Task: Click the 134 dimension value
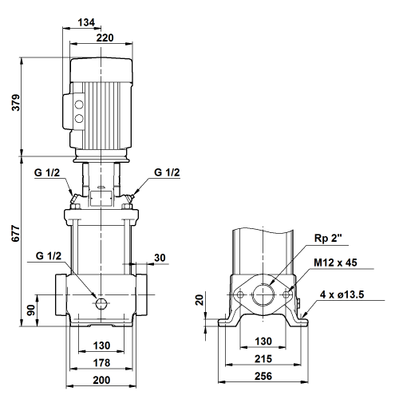pos(86,22)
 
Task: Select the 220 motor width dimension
pos(105,38)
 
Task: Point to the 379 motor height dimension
pos(16,102)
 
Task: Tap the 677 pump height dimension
pos(16,234)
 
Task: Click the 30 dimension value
pos(160,258)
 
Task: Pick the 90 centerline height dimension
pos(31,310)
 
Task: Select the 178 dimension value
pos(101,363)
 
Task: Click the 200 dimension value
pos(101,380)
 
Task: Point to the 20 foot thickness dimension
pos(199,300)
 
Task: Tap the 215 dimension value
pos(263,359)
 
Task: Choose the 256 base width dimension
pos(263,376)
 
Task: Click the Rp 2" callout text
pos(328,238)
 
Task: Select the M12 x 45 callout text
pos(335,263)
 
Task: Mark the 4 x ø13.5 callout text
pos(342,294)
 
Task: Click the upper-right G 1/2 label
pos(167,172)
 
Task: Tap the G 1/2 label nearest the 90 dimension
pos(49,256)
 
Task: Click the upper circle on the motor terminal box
pos(79,105)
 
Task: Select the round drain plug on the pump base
pos(101,303)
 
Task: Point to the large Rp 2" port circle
pos(263,294)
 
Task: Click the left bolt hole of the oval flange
pos(240,294)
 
